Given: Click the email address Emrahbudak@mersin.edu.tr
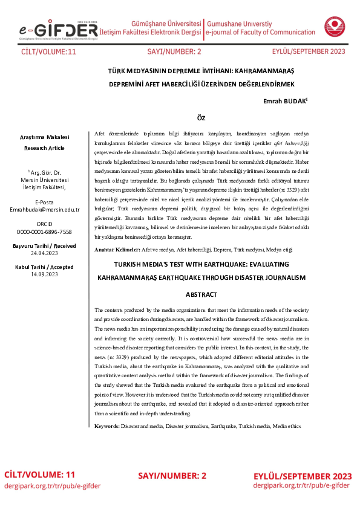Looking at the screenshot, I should coord(44,209).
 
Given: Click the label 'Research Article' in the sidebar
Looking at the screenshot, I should coord(44,148).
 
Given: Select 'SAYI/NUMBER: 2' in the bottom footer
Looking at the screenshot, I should coord(172,476).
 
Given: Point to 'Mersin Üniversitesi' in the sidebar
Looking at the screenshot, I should coord(44,180).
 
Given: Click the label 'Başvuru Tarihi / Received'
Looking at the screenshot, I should coord(44,247).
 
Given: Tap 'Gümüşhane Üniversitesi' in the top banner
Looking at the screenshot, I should coord(166,22).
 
